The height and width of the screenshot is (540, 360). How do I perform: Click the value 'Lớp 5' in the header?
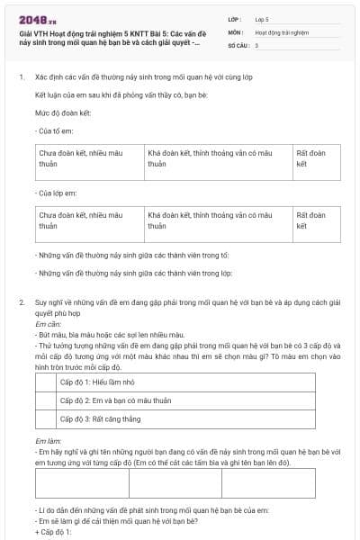coord(262,18)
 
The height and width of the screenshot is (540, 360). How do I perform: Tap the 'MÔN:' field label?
coord(235,31)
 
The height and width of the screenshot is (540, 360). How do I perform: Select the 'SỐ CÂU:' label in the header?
coord(238,44)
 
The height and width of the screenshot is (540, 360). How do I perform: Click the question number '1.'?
coord(21,78)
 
